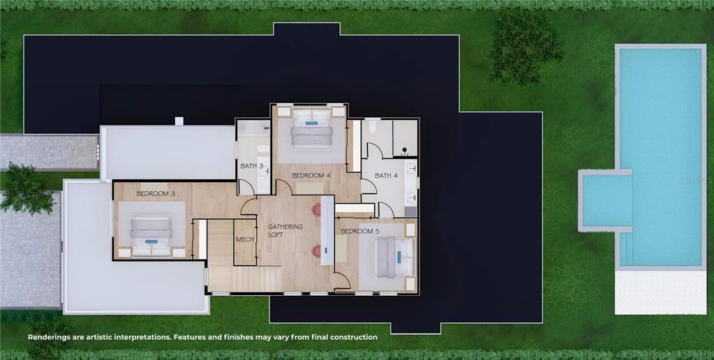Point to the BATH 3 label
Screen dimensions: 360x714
pyautogui.click(x=252, y=166)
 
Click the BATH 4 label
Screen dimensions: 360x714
pyautogui.click(x=386, y=176)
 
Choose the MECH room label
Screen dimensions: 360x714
pyautogui.click(x=244, y=239)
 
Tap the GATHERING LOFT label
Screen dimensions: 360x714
pyautogui.click(x=285, y=231)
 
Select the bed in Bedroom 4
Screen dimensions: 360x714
pyautogui.click(x=312, y=128)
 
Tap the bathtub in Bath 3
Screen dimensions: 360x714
pyautogui.click(x=253, y=129)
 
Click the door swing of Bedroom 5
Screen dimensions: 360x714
pyautogui.click(x=341, y=280)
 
